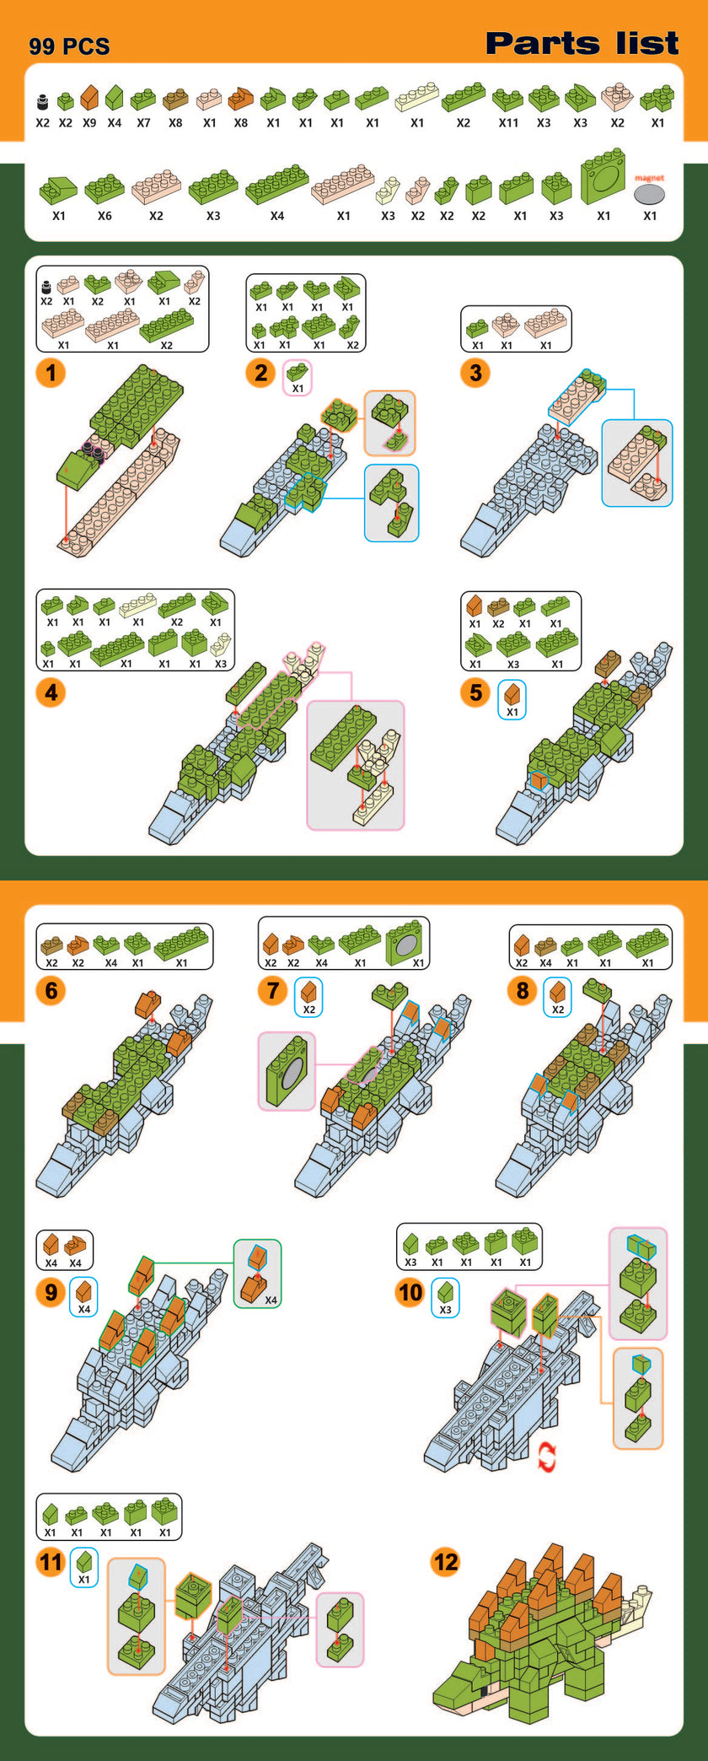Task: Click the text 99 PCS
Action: (69, 46)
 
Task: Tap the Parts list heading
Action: (582, 43)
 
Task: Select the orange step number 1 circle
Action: (51, 372)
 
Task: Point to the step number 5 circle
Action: (475, 692)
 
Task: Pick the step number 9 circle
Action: (51, 1292)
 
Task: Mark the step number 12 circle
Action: (445, 1562)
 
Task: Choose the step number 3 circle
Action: (475, 372)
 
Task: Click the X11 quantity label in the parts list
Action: (508, 123)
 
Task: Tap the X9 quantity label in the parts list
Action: (89, 123)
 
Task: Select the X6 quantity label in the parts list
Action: (105, 216)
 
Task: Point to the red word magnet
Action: (649, 178)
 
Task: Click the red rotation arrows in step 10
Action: (547, 1457)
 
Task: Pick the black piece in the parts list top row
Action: (43, 103)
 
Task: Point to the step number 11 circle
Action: (51, 1562)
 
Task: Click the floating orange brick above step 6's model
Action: (148, 1004)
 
